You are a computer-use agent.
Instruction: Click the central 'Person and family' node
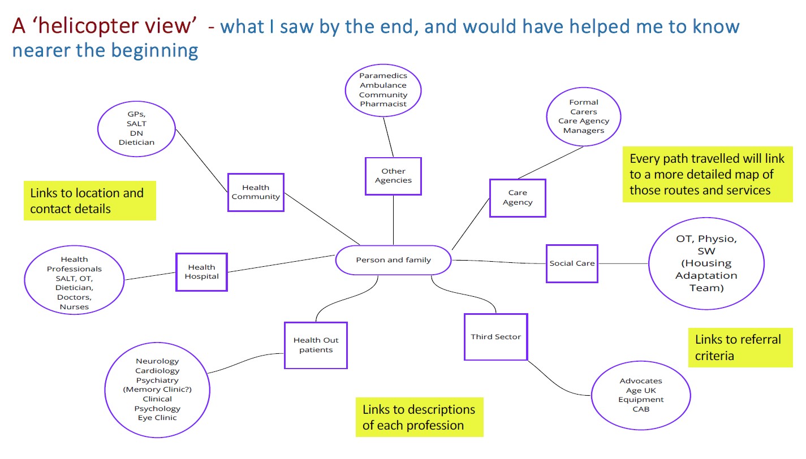(x=393, y=261)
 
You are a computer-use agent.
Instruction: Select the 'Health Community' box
(x=256, y=192)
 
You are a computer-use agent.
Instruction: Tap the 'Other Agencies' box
(x=393, y=176)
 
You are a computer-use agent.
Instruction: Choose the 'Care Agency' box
(x=517, y=198)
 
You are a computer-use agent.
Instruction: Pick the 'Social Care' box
(x=572, y=263)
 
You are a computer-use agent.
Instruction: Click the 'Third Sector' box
(x=495, y=337)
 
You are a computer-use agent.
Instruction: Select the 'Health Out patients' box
(x=316, y=345)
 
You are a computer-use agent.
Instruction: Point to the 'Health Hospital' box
(x=201, y=272)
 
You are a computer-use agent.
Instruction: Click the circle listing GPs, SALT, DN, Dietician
(x=136, y=128)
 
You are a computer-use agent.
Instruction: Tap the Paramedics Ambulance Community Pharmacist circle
(x=383, y=90)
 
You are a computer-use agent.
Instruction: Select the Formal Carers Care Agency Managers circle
(x=584, y=116)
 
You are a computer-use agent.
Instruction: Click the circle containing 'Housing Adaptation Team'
(x=706, y=263)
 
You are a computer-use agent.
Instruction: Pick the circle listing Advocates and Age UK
(x=640, y=395)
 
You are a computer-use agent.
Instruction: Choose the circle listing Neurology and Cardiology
(x=157, y=390)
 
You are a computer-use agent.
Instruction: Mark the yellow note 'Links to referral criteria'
(x=740, y=347)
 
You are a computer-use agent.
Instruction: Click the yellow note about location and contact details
(x=89, y=201)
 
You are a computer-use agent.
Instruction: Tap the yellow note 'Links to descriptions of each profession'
(x=419, y=417)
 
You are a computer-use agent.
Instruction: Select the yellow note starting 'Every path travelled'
(x=707, y=174)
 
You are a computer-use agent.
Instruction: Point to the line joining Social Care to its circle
(x=623, y=263)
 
